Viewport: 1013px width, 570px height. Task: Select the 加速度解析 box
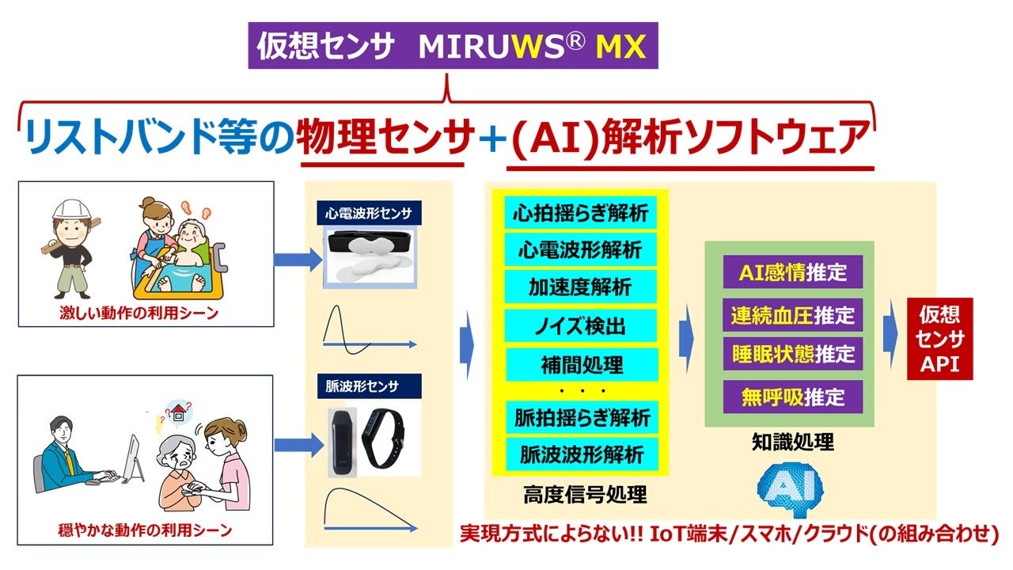[580, 287]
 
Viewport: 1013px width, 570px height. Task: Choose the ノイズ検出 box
[580, 325]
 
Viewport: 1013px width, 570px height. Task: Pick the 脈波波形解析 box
[580, 454]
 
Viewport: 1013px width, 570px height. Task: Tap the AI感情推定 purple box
[792, 273]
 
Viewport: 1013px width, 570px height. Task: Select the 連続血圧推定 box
[792, 315]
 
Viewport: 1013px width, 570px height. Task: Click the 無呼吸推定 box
[792, 396]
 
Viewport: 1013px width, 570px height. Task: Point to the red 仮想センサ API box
[939, 339]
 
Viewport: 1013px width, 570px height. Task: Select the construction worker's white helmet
[68, 209]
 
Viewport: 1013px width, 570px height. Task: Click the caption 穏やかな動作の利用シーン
[146, 530]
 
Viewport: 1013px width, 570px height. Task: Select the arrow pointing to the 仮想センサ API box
[890, 336]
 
